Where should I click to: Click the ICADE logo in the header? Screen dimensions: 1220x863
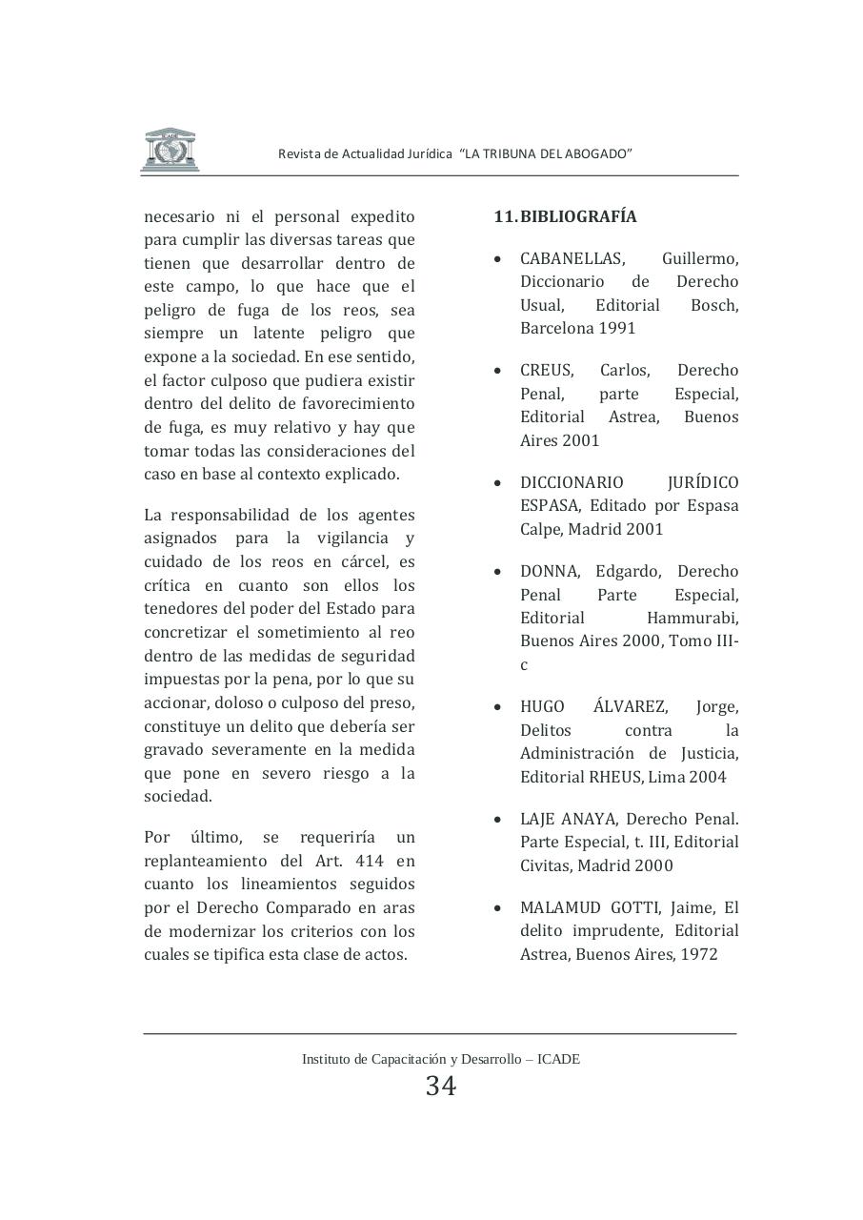[x=170, y=150]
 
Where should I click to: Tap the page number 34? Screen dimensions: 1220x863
[x=441, y=1086]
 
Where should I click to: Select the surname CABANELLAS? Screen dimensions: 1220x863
[x=572, y=258]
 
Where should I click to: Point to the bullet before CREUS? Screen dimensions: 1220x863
[x=498, y=371]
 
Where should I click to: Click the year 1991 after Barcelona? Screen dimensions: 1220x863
[x=617, y=328]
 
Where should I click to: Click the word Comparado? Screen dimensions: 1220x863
[x=306, y=907]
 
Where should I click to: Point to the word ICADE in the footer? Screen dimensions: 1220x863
[x=558, y=1059]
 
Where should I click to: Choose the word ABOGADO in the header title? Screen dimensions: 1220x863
[x=600, y=154]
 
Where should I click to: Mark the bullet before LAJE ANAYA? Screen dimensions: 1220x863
[x=498, y=820]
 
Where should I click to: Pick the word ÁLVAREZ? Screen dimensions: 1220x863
[x=630, y=706]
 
